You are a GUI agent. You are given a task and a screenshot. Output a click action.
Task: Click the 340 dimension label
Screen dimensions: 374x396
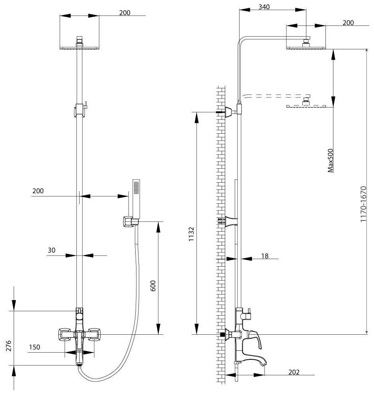[x=264, y=7]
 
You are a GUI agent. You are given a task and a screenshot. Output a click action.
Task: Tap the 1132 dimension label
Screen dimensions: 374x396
[x=191, y=234]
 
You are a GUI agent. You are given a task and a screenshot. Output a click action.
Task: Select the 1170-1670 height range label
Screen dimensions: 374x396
[x=363, y=204]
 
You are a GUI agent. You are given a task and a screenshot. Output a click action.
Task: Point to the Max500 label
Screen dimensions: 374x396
[x=330, y=161]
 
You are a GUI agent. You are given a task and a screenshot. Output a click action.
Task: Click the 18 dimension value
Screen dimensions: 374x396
[x=265, y=256]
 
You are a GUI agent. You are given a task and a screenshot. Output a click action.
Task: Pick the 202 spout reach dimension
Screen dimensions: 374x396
[x=294, y=372]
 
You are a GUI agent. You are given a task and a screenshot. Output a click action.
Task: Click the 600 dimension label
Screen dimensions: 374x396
[x=153, y=286]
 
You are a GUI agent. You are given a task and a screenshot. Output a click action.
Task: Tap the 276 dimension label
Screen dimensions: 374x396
[x=9, y=345]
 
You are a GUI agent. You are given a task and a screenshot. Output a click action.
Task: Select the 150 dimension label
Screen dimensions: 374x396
[x=34, y=347]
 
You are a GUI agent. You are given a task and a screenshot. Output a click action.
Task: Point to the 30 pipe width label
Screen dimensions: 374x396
[x=51, y=250]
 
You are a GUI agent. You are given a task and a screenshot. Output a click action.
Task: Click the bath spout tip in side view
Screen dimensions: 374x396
[x=263, y=364]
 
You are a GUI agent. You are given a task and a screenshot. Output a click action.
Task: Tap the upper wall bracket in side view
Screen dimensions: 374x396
[x=230, y=112]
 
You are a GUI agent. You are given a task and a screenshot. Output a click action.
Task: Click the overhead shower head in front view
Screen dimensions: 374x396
[x=80, y=47]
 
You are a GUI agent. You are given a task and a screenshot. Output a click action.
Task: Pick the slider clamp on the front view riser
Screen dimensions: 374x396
[x=80, y=110]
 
